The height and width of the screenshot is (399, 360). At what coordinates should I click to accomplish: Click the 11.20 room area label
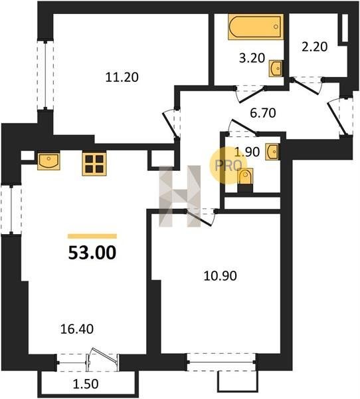coord(122,77)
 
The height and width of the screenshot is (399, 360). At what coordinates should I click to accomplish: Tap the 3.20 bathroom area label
coord(252,59)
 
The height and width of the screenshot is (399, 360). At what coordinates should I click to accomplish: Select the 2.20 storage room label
coord(314,47)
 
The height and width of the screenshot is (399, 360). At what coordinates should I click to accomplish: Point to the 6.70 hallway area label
coord(263,113)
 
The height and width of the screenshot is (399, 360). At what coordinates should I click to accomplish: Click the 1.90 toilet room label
coord(247,152)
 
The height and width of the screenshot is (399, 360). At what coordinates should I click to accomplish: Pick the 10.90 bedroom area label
coord(220,276)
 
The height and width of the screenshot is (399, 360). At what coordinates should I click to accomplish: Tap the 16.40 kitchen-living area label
coord(77,329)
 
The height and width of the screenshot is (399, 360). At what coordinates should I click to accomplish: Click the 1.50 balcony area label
coord(86,384)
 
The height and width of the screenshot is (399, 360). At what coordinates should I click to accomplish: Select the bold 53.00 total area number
coord(92,253)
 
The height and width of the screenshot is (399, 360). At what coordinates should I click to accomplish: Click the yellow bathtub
coord(256,27)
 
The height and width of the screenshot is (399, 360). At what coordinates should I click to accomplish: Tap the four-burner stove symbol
coord(94,164)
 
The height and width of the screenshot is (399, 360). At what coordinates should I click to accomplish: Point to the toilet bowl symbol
coord(245,176)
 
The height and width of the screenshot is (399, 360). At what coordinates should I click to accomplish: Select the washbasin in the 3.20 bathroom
coord(276,68)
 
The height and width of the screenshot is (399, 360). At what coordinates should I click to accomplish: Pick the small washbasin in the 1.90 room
coord(272,152)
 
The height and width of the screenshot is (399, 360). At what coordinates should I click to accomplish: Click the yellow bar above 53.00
coord(92,236)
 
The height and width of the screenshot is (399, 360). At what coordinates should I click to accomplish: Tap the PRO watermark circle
coord(228,166)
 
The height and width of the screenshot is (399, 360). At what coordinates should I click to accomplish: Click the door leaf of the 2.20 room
coord(306,87)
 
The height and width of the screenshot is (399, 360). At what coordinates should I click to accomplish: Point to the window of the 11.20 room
coord(45,74)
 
